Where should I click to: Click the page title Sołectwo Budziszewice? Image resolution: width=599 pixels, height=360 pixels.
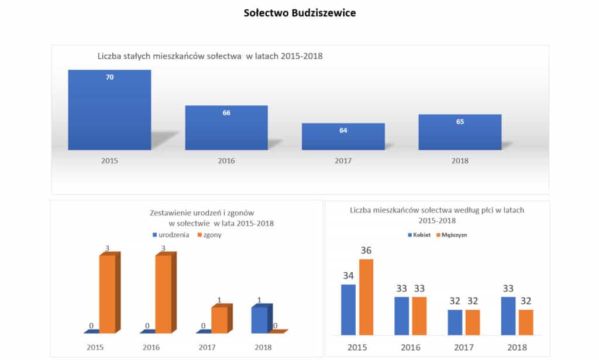click(299, 12)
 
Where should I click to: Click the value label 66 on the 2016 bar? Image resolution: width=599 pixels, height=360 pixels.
click(226, 113)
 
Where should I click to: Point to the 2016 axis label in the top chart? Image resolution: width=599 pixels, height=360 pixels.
click(226, 160)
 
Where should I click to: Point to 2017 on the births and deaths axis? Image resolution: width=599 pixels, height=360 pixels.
click(207, 347)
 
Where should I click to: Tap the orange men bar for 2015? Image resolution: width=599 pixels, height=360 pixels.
click(366, 297)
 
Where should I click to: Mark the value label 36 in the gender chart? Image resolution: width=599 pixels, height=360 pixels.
click(366, 251)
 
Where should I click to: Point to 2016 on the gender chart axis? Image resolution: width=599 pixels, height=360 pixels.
click(410, 347)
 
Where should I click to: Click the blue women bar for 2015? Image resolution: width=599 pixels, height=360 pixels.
click(348, 310)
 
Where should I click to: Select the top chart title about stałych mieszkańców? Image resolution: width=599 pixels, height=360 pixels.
click(210, 57)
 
